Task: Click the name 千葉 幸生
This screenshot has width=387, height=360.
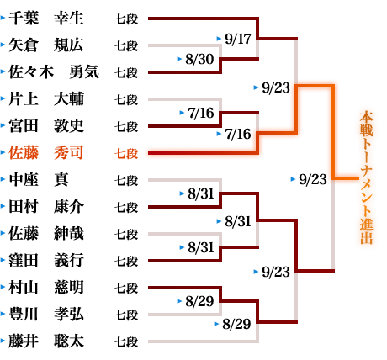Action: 46,19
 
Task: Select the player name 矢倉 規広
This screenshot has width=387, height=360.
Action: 46,45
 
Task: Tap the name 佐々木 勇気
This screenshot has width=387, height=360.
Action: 54,72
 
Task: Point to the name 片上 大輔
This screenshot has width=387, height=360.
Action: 46,99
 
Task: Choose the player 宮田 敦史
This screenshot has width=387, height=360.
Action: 46,126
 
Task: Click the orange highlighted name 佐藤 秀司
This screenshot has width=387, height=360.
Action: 46,153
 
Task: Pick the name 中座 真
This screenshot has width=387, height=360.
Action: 39,180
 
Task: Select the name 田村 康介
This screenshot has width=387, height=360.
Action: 46,207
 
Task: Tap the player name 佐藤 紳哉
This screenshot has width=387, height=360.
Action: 46,234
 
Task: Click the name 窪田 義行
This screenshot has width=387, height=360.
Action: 46,261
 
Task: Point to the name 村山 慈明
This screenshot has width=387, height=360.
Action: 46,288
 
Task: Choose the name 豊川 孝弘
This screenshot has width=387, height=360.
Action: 46,315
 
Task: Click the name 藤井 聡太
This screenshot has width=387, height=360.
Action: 46,341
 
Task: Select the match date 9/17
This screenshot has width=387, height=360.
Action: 238,39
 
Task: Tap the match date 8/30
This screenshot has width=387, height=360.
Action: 199,59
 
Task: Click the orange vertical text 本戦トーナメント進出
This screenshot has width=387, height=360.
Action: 366,178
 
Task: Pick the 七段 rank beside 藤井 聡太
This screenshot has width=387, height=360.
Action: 126,341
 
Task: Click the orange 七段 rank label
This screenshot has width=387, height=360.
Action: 126,153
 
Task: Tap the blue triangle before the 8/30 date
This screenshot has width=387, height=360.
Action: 179,59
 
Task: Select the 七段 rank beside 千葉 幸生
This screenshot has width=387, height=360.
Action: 126,19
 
